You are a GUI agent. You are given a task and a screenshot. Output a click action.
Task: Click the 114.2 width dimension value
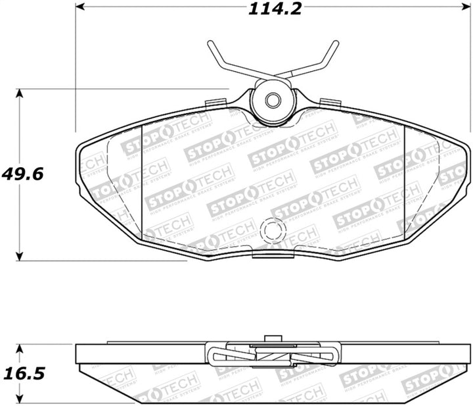[269, 9]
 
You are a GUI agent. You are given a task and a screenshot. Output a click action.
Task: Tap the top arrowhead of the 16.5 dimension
[20, 347]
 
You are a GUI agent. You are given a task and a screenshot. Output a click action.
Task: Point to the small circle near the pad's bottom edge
[271, 230]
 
